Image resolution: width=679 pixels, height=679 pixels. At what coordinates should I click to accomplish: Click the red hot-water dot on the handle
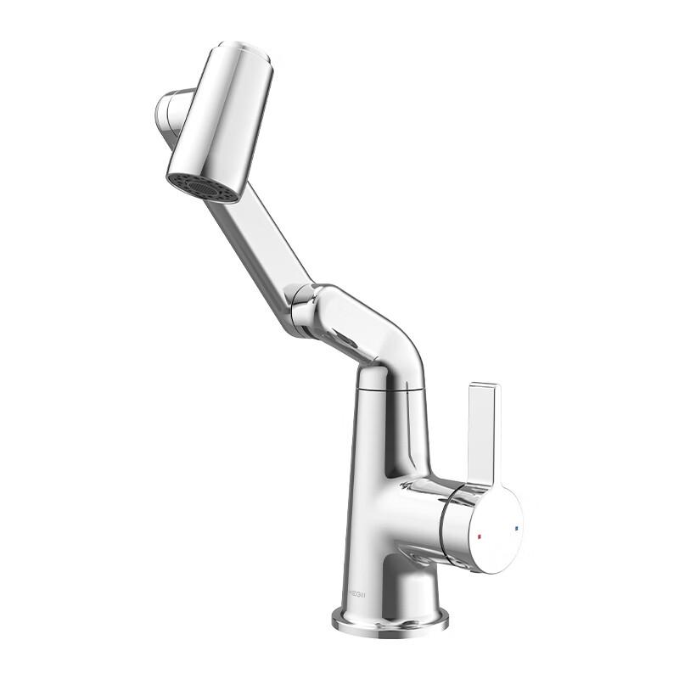click(480, 538)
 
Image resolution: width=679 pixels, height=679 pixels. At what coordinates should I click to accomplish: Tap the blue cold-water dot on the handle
click(516, 528)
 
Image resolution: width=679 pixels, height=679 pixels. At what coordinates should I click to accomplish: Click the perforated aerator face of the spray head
click(203, 188)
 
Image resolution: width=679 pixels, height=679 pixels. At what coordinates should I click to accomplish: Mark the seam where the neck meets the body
click(390, 387)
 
